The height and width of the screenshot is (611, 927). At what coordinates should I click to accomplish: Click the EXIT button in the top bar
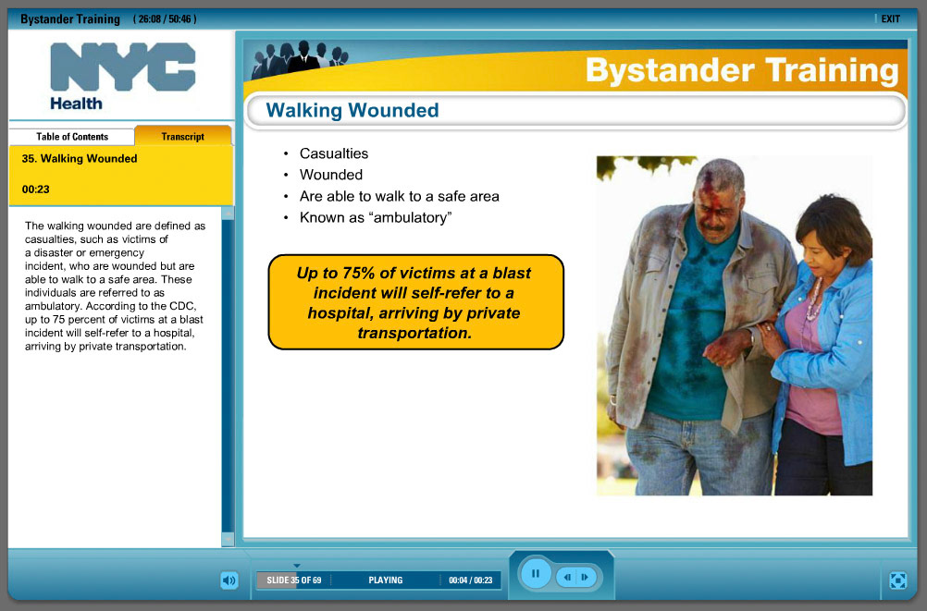(x=889, y=18)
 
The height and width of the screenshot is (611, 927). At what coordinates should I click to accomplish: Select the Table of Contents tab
(x=72, y=137)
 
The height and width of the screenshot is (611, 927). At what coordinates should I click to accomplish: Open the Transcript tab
(x=182, y=137)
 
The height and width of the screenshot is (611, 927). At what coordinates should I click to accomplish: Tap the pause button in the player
(x=535, y=574)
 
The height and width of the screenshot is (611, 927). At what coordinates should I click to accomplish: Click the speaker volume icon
(x=229, y=580)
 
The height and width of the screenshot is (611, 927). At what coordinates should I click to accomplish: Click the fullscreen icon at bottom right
(x=896, y=580)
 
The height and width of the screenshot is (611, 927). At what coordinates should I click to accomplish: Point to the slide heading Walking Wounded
(x=352, y=111)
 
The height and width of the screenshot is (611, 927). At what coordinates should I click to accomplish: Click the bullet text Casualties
(x=333, y=153)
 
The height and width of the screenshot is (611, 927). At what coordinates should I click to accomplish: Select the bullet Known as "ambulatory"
(x=375, y=218)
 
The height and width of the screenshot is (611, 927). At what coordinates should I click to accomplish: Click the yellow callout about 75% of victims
(x=415, y=302)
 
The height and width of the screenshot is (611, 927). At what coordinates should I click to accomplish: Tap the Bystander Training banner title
(x=741, y=71)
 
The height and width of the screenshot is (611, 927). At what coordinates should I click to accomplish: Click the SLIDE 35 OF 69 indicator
(x=293, y=580)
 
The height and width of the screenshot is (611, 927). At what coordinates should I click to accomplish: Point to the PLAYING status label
(x=385, y=580)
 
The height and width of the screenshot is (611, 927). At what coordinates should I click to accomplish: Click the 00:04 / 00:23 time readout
(x=469, y=580)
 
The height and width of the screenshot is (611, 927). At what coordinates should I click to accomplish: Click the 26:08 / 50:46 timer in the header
(x=165, y=19)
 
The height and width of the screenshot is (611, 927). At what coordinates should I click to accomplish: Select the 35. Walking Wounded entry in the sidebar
(x=80, y=159)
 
